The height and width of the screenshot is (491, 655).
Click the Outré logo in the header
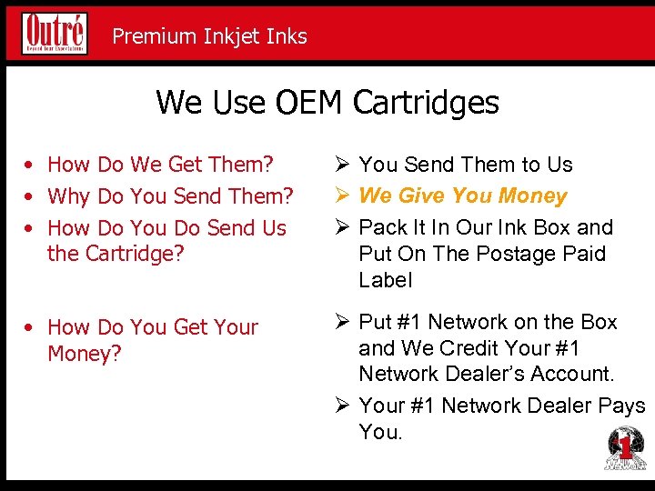pyautogui.click(x=55, y=33)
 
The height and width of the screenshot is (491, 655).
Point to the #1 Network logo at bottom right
pyautogui.click(x=625, y=448)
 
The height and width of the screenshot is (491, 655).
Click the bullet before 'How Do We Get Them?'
pyautogui.click(x=31, y=165)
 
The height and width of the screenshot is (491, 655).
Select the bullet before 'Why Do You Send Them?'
pyautogui.click(x=31, y=196)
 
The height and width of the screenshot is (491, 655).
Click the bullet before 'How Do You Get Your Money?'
pyautogui.click(x=31, y=327)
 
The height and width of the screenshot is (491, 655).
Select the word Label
pyautogui.click(x=386, y=280)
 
